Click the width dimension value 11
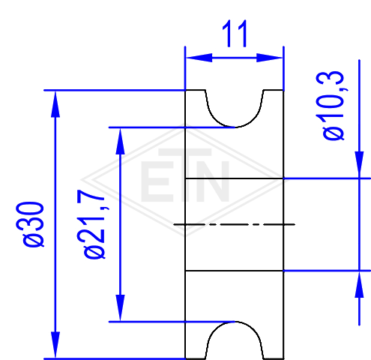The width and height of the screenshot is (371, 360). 235,34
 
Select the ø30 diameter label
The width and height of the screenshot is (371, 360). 31,224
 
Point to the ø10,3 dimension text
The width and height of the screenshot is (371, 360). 331,106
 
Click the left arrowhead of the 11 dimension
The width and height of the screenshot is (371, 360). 199,58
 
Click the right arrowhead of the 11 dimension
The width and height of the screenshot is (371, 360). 270,58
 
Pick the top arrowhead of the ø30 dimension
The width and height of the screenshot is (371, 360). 55,103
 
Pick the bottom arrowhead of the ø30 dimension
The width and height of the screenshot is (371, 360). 55,345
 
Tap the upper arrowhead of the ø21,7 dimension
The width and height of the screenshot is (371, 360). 120,141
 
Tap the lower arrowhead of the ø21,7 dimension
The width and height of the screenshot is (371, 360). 120,308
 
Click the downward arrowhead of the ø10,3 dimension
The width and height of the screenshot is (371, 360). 359,165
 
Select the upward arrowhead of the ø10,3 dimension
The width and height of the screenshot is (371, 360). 359,284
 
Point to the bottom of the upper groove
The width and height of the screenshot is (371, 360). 235,127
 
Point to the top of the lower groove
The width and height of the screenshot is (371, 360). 235,322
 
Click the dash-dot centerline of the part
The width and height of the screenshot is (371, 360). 235,224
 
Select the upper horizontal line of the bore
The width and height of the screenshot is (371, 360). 235,178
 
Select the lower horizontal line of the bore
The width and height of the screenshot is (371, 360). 235,271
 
